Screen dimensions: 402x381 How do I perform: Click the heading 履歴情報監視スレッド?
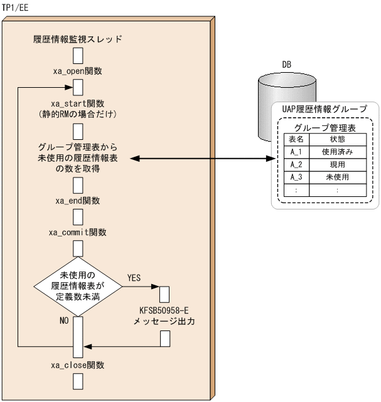pos(78,39)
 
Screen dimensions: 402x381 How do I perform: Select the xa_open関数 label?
pos(78,71)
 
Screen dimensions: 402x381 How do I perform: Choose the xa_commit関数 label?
pos(78,233)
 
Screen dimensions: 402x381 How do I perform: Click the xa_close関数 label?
pos(78,364)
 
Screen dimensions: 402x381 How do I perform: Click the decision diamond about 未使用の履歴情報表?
pos(78,285)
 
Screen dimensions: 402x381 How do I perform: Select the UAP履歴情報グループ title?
pos(323,108)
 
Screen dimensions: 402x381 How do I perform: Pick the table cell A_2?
pos(294,165)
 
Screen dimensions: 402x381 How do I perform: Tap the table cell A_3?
pos(294,177)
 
